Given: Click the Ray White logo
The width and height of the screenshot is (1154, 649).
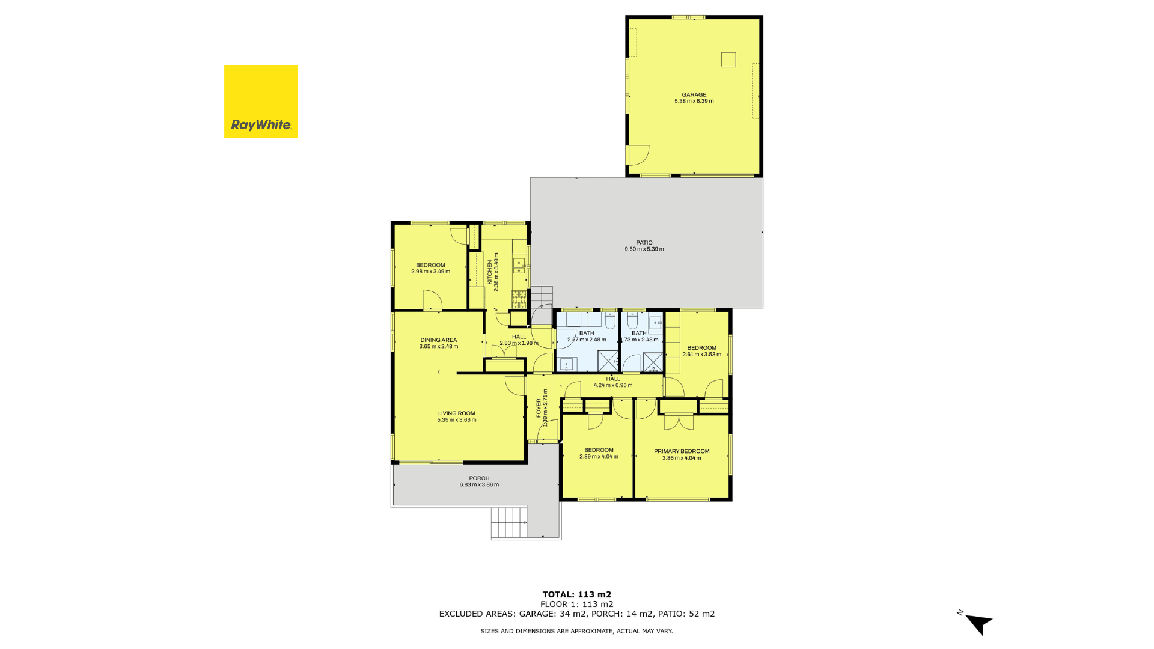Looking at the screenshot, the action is [x=261, y=102].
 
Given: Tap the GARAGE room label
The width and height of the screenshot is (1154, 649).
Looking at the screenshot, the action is [x=694, y=94].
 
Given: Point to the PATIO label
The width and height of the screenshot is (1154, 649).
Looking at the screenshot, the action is [x=644, y=243].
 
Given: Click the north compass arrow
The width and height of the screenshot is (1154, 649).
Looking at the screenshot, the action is [x=977, y=624].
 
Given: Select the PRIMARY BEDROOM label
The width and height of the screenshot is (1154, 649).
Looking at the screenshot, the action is [x=682, y=451].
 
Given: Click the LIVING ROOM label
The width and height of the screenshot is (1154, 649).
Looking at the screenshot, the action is [x=457, y=413].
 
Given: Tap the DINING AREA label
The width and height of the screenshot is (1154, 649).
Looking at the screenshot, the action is [x=439, y=340].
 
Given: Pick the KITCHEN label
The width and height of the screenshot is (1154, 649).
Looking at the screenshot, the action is [x=490, y=272].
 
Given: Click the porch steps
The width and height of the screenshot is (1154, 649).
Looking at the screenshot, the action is [x=509, y=523].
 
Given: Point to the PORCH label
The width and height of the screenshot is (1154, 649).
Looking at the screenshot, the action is [x=480, y=478].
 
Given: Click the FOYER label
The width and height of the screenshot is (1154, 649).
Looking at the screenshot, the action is [x=539, y=408].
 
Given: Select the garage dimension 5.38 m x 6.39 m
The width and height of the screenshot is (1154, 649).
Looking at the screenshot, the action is [x=694, y=101].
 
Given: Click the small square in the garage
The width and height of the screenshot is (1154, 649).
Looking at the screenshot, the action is [x=728, y=59].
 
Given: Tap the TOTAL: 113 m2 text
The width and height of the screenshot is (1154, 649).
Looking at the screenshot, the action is [x=577, y=594].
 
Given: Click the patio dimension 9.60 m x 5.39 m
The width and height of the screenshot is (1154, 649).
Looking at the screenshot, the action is [x=644, y=249].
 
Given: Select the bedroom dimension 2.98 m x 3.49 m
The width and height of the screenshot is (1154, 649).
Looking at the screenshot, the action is [x=431, y=272].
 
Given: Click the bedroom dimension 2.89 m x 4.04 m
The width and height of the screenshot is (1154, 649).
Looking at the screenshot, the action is [x=599, y=457].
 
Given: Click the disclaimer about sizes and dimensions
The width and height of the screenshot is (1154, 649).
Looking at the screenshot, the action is [x=577, y=631].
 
